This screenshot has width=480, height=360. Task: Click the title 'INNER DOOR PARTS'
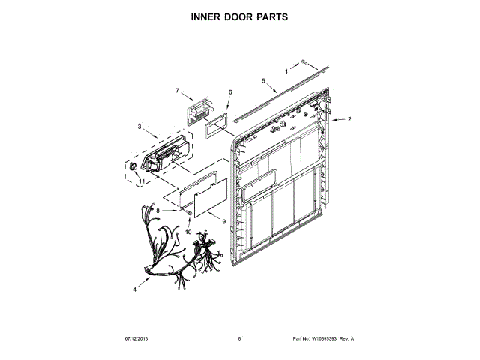click(x=239, y=16)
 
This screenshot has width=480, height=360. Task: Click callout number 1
click(x=286, y=72)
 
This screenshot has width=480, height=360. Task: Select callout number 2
click(x=349, y=119)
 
